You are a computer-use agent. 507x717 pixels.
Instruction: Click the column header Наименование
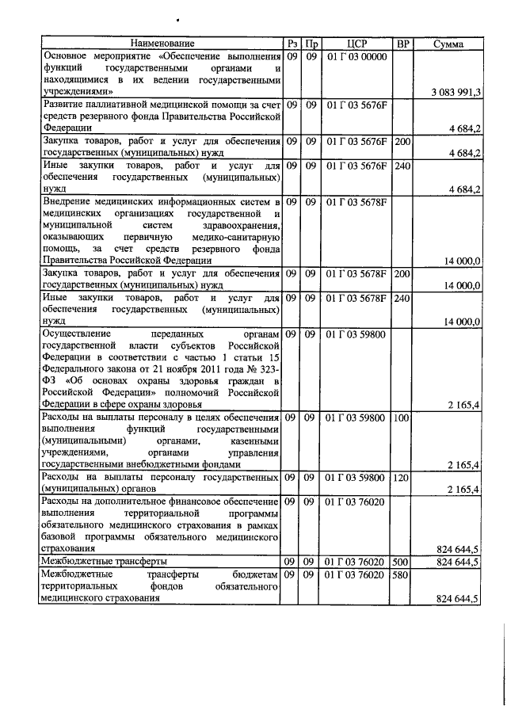click(x=162, y=43)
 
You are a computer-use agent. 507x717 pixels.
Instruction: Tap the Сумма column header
click(x=449, y=43)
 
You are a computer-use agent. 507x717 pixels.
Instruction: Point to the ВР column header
click(x=402, y=43)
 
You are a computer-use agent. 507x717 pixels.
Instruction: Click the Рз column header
click(x=292, y=43)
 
